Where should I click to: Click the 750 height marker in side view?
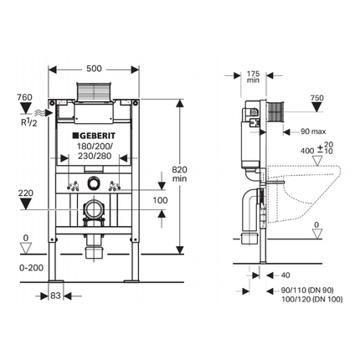pos(316,98)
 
